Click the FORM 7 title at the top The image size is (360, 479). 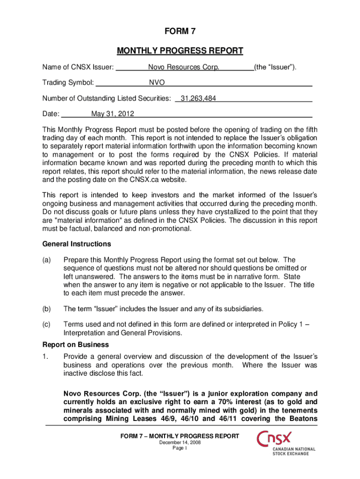tap(180, 32)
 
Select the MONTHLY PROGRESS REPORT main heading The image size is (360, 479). tap(180, 51)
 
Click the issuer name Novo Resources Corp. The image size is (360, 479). tap(184, 68)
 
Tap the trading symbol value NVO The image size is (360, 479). tap(157, 83)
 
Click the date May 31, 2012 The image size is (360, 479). tap(113, 114)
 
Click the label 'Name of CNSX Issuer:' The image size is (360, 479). tap(78, 68)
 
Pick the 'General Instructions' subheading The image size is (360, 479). tap(77, 244)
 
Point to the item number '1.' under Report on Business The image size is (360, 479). tap(45, 356)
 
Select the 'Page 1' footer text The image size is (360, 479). tap(180, 448)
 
